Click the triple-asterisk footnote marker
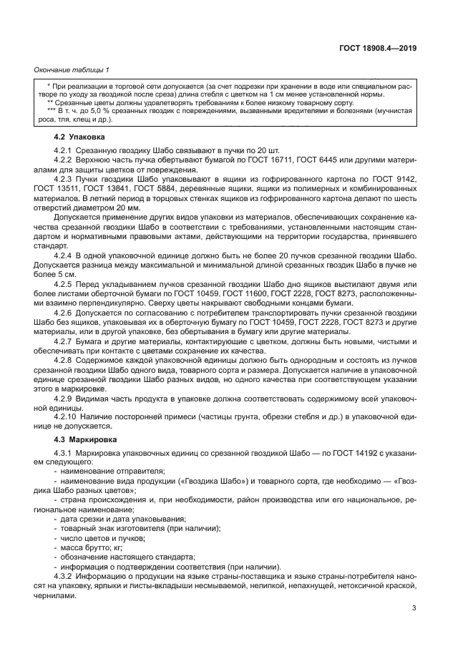point(51,111)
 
